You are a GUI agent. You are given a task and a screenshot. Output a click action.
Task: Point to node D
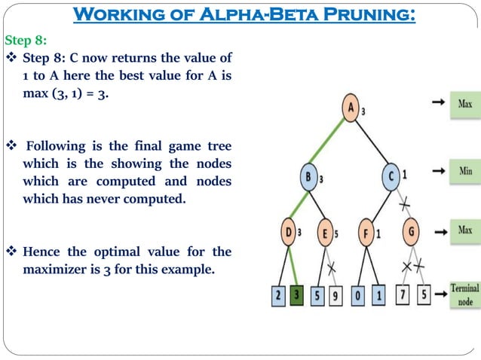click(290, 231)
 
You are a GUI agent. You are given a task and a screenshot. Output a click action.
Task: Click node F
click(366, 233)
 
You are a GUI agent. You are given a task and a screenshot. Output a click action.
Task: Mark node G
click(412, 230)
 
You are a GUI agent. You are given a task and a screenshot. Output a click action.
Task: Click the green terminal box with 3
click(297, 296)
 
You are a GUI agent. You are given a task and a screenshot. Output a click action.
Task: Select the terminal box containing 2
click(280, 296)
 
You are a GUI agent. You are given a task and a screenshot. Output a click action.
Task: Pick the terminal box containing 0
click(359, 296)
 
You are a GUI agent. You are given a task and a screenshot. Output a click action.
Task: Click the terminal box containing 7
click(403, 296)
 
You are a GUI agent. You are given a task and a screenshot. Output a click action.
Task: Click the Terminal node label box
click(465, 294)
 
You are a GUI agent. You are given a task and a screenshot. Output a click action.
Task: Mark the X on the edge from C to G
click(404, 203)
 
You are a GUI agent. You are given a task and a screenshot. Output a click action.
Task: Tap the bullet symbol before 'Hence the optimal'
click(11, 252)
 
